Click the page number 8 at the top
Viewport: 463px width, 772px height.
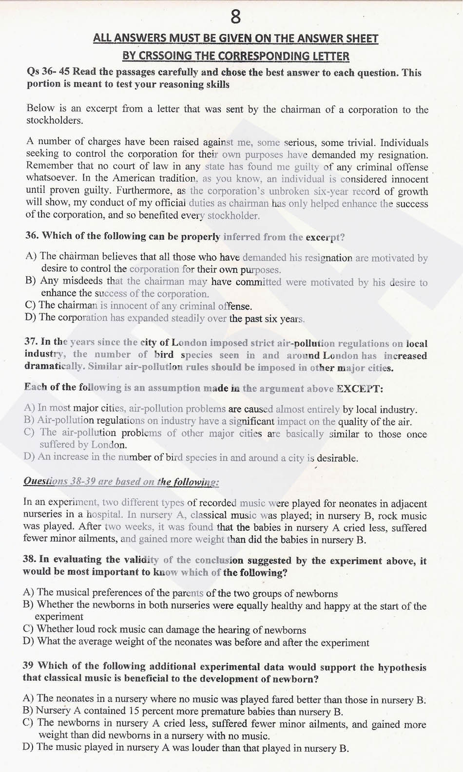point(235,17)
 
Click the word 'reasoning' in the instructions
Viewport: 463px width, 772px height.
point(184,84)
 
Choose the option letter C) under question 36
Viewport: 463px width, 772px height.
point(31,305)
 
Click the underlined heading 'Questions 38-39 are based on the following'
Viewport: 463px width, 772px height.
point(121,482)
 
